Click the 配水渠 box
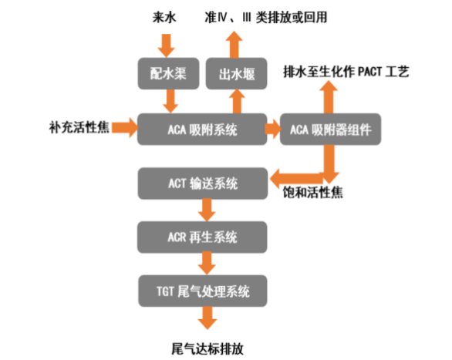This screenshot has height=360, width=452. pyautogui.click(x=168, y=73)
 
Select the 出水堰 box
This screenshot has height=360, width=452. pyautogui.click(x=236, y=73)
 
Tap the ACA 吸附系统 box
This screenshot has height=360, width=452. pyautogui.click(x=202, y=129)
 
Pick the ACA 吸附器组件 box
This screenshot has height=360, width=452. pyautogui.click(x=330, y=129)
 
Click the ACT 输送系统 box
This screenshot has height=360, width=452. pyautogui.click(x=203, y=183)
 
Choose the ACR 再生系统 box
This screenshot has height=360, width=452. pyautogui.click(x=202, y=237)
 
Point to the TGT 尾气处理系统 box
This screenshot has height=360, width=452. pyautogui.click(x=203, y=291)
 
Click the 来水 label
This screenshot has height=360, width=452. pyautogui.click(x=164, y=17)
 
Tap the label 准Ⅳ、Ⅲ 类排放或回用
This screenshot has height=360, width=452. pyautogui.click(x=266, y=17)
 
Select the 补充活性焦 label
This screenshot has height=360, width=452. pyautogui.click(x=79, y=127)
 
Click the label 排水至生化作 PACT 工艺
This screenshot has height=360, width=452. pyautogui.click(x=346, y=72)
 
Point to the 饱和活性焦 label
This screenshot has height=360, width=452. pyautogui.click(x=312, y=192)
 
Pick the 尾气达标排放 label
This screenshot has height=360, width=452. pyautogui.click(x=207, y=348)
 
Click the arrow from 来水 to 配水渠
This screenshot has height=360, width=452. pyautogui.click(x=166, y=45)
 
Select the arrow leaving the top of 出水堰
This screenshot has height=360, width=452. pyautogui.click(x=234, y=45)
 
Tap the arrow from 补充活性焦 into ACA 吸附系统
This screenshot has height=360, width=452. pyautogui.click(x=125, y=127)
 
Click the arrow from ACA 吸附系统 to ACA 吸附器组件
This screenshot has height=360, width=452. pyautogui.click(x=273, y=129)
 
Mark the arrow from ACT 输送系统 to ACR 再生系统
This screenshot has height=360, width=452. pyautogui.click(x=207, y=210)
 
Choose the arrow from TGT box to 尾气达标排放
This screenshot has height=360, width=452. pyautogui.click(x=207, y=318)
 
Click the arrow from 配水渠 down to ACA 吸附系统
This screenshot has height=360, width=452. pyautogui.click(x=170, y=101)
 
